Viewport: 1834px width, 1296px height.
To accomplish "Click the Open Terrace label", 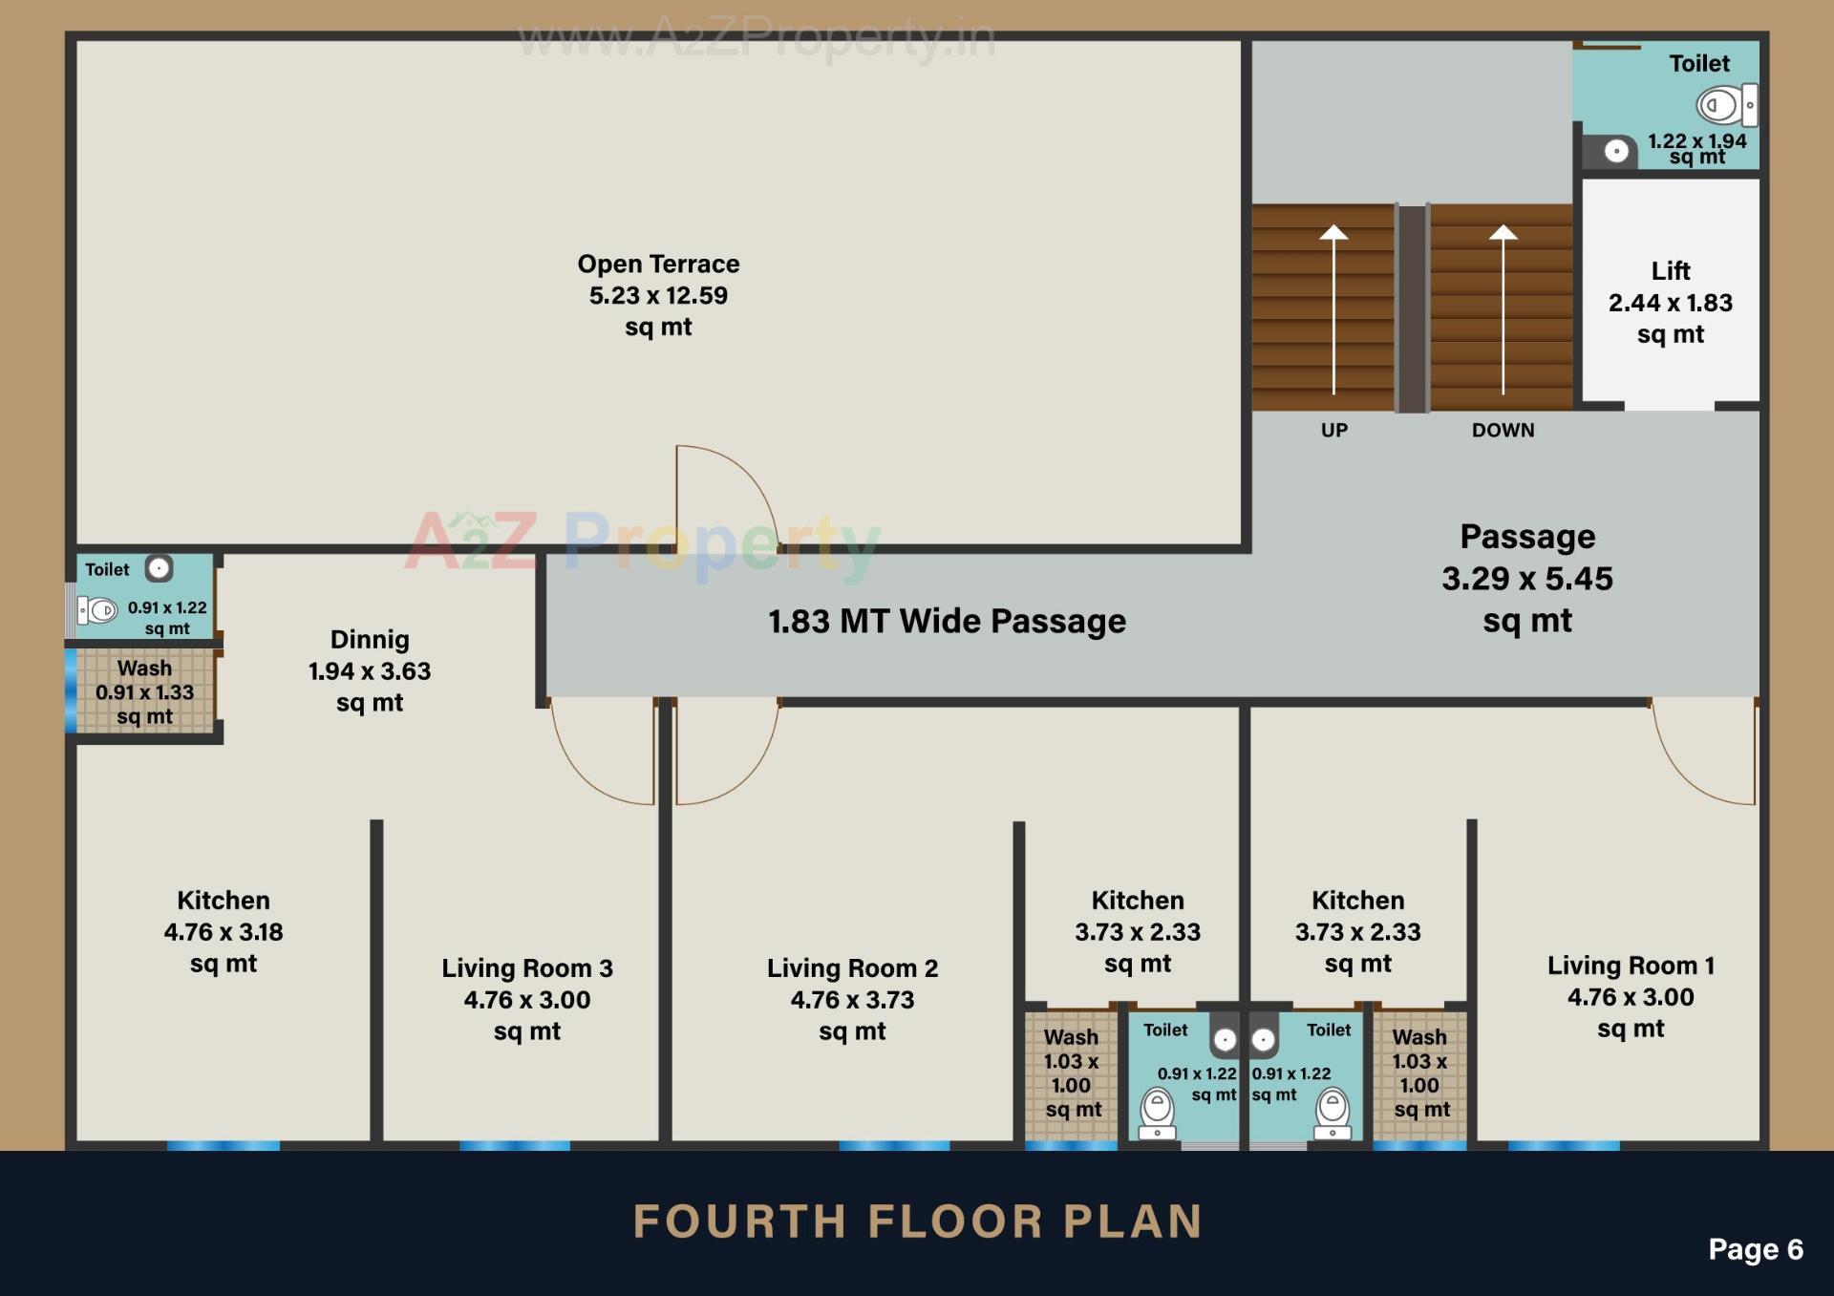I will [x=658, y=294].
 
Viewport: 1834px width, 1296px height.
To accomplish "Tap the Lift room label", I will [x=1670, y=302].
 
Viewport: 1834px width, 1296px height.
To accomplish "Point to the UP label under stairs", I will [x=1333, y=430].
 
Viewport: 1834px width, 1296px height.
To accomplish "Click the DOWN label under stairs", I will [x=1503, y=430].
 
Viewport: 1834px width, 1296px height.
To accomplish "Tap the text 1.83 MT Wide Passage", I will [x=947, y=622].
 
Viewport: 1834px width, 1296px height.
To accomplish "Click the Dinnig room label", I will [x=370, y=669].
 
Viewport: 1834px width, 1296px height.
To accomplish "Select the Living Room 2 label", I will [x=852, y=999].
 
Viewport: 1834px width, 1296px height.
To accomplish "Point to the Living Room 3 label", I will [x=527, y=999].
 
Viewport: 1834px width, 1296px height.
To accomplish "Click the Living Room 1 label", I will [x=1631, y=996].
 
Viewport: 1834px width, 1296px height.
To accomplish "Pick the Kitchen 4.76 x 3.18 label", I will [x=224, y=931].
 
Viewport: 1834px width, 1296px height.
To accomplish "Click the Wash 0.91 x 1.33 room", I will [x=144, y=691].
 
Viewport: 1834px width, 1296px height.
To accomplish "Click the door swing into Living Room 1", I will [x=1705, y=754].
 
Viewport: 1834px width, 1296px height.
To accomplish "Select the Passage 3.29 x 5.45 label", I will [x=1526, y=578].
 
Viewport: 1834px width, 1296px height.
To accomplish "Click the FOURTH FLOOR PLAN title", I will [x=917, y=1222].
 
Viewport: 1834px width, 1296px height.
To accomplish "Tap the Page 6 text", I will [x=1755, y=1249].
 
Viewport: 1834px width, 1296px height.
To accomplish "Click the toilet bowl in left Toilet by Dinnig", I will [x=98, y=609].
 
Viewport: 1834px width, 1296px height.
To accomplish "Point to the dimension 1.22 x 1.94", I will [x=1696, y=141].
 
